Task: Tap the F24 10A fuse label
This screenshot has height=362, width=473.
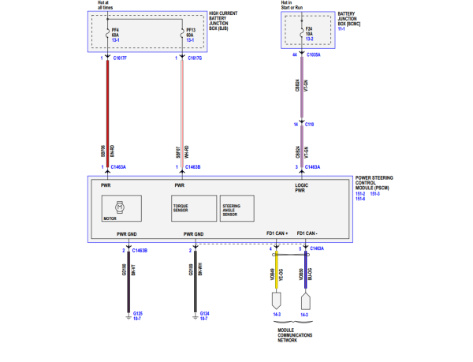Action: [x=309, y=32]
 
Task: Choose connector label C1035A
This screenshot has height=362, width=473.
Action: [x=313, y=55]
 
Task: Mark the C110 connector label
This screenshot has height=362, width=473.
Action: [x=310, y=125]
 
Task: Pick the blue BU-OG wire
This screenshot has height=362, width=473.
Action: [x=306, y=272]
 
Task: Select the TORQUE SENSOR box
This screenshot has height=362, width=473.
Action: [x=193, y=209]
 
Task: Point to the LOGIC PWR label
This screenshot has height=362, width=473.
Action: [x=303, y=188]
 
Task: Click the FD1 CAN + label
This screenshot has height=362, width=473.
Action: [x=277, y=234]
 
